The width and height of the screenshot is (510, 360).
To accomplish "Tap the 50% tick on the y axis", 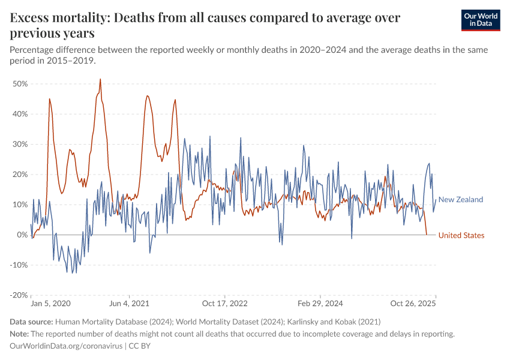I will pos(20,84).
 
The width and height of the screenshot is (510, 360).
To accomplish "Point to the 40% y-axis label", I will pos(20,114).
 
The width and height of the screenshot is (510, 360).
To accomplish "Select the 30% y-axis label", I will pos(20,144).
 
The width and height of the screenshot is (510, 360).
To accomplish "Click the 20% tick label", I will pos(20,175).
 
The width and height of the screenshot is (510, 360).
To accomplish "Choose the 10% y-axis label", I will pos(20,205).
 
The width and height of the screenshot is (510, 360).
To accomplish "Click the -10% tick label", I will pos(19,265).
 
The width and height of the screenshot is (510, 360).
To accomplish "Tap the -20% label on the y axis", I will pos(19,295).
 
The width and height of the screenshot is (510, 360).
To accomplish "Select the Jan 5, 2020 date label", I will pos(50,305).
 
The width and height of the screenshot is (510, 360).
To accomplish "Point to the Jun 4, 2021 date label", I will pos(128,305).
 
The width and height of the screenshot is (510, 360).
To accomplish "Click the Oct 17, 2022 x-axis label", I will pos(224,305).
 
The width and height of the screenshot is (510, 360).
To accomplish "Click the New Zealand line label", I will pos(461,200).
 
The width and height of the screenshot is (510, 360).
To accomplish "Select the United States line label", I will pos(461,235).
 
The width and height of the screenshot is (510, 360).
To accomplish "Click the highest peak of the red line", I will pos(100,79).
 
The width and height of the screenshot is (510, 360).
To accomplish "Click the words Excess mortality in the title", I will pos(58,17).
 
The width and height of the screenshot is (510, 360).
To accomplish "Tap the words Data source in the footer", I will pos(31,322).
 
